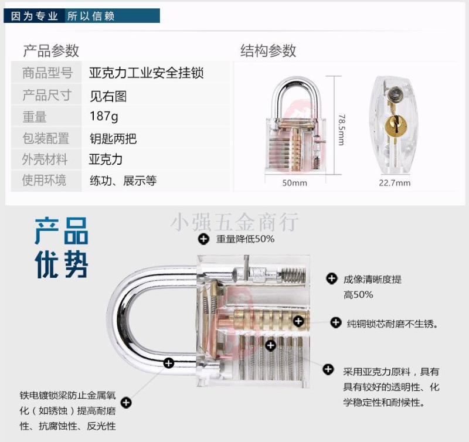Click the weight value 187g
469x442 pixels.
pyautogui.click(x=104, y=116)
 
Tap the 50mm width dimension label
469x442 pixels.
pyautogui.click(x=295, y=183)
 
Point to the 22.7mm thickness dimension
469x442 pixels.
pyautogui.click(x=395, y=183)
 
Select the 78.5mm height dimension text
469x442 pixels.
pyautogui.click(x=341, y=130)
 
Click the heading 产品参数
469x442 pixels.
pyautogui.click(x=51, y=50)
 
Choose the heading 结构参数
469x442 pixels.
pyautogui.click(x=269, y=50)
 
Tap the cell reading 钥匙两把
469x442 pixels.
pyautogui.click(x=113, y=138)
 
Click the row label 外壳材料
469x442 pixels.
pyautogui.click(x=45, y=159)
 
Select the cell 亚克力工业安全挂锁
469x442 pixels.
pyautogui.click(x=146, y=73)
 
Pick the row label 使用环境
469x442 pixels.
pyautogui.click(x=44, y=181)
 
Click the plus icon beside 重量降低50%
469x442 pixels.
pyautogui.click(x=203, y=239)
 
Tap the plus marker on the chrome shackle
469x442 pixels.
pyautogui.click(x=169, y=363)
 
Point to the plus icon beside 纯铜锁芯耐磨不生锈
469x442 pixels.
pyautogui.click(x=335, y=322)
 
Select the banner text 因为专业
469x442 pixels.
pyautogui.click(x=34, y=16)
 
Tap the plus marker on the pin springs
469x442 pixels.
pyautogui.click(x=271, y=345)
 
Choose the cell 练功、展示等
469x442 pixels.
pyautogui.click(x=123, y=181)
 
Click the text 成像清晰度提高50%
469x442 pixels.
pyautogui.click(x=372, y=287)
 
